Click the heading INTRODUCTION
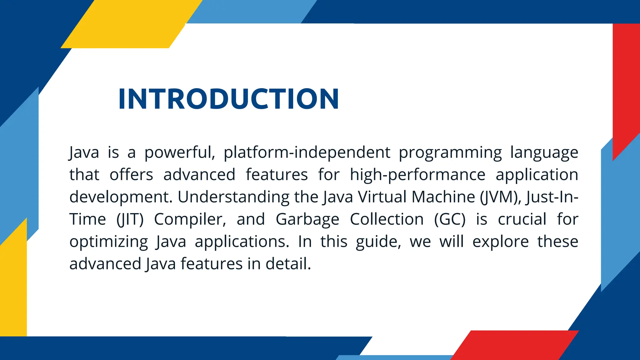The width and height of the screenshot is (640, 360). [x=228, y=99]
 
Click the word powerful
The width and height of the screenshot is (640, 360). [x=180, y=152]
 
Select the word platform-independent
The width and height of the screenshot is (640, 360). [x=307, y=152]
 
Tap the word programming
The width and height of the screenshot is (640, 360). [x=450, y=152]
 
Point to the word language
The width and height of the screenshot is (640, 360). [x=544, y=152]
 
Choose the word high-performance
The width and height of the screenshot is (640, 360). [x=417, y=175]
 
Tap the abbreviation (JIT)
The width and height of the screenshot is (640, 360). [x=130, y=219]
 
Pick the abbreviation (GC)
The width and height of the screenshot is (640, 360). [x=450, y=219]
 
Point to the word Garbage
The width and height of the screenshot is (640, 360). [x=307, y=219]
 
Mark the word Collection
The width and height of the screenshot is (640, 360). [x=387, y=219]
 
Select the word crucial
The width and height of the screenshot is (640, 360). [x=522, y=219]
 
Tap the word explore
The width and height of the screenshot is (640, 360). [x=501, y=242]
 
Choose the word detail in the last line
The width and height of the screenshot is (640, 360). [x=288, y=264]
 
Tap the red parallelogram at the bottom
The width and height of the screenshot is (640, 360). [x=514, y=345]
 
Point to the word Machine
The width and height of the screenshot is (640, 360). [x=443, y=197]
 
